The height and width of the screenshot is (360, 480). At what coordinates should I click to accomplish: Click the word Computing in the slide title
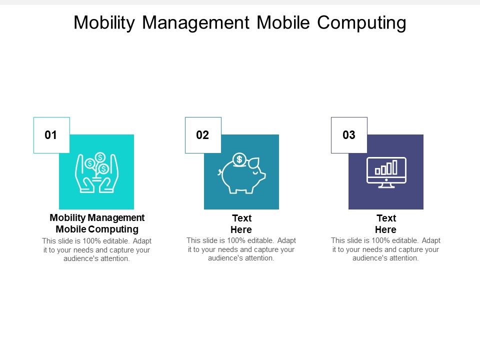pyautogui.click(x=361, y=23)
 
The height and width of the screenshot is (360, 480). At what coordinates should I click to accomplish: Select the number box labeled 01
pyautogui.click(x=51, y=135)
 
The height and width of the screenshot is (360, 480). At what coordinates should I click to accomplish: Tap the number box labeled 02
pyautogui.click(x=203, y=135)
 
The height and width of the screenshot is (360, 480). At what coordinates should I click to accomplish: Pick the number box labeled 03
pyautogui.click(x=349, y=135)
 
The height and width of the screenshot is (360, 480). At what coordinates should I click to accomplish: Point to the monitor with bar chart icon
pyautogui.click(x=386, y=172)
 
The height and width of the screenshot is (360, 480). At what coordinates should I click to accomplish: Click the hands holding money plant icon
pyautogui.click(x=96, y=172)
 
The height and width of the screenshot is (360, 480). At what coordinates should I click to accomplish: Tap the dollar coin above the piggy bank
pyautogui.click(x=239, y=159)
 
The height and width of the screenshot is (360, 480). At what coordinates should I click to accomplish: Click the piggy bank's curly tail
pyautogui.click(x=219, y=173)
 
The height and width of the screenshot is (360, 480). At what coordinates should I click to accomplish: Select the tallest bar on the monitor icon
pyautogui.click(x=395, y=167)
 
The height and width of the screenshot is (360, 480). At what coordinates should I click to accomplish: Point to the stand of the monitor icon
pyautogui.click(x=386, y=185)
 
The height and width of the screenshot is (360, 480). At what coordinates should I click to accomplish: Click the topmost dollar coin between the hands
pyautogui.click(x=100, y=157)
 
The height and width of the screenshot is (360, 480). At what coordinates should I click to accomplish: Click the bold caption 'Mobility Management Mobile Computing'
pyautogui.click(x=97, y=223)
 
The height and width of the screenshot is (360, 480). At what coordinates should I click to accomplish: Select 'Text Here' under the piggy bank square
pyautogui.click(x=241, y=224)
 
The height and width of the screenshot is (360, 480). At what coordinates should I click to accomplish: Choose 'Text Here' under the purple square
pyautogui.click(x=386, y=224)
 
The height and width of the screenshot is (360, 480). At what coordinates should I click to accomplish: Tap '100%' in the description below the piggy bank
pyautogui.click(x=235, y=240)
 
